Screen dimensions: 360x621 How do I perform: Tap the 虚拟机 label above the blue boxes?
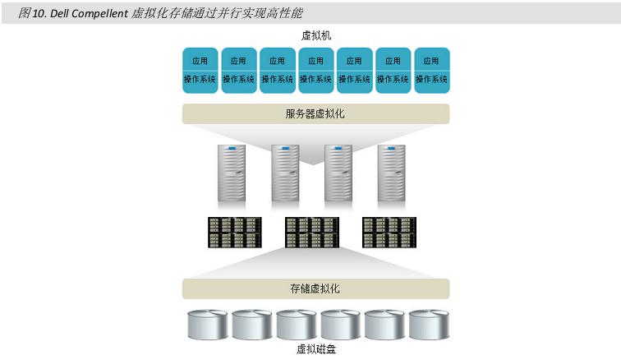315,36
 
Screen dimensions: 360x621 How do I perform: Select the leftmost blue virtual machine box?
200,70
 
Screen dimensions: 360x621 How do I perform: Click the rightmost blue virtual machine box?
432,70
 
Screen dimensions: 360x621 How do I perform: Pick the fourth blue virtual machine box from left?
316,70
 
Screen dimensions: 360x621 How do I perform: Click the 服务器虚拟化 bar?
315,113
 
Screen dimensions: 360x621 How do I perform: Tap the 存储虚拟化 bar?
315,288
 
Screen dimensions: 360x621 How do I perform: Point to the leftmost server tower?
232,173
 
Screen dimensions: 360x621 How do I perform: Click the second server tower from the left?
285,173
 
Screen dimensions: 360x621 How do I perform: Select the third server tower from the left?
338,173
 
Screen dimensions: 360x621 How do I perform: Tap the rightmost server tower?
391,173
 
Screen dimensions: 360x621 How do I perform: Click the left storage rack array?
235,233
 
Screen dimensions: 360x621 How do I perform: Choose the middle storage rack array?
312,233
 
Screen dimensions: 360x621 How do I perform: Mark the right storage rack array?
389,233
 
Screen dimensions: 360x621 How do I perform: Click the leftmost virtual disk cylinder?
208,325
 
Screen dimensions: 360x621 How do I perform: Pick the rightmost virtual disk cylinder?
429,325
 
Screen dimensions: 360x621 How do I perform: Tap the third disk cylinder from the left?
297,325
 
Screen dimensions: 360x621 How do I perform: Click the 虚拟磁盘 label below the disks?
316,349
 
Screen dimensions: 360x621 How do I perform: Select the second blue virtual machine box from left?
239,70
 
